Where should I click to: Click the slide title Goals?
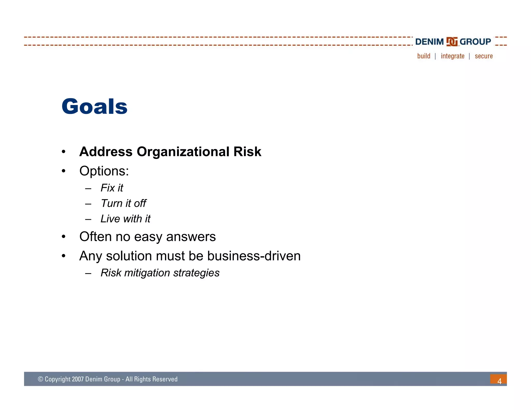click(94, 107)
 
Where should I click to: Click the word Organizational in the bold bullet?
click(183, 152)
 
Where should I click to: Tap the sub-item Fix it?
click(112, 188)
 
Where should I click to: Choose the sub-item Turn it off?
click(123, 203)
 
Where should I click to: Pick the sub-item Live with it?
click(125, 219)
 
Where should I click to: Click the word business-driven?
click(254, 256)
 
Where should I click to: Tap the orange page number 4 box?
click(498, 379)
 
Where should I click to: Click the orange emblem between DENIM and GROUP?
click(452, 42)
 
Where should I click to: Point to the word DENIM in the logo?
click(429, 42)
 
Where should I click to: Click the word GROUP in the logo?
click(475, 42)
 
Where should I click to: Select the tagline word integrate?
click(452, 56)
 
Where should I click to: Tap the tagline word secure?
click(484, 56)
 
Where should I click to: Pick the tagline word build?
click(424, 56)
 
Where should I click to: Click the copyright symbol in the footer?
click(40, 379)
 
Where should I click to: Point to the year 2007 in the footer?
click(78, 379)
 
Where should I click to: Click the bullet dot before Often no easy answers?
click(64, 237)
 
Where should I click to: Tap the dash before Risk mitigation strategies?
click(88, 273)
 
